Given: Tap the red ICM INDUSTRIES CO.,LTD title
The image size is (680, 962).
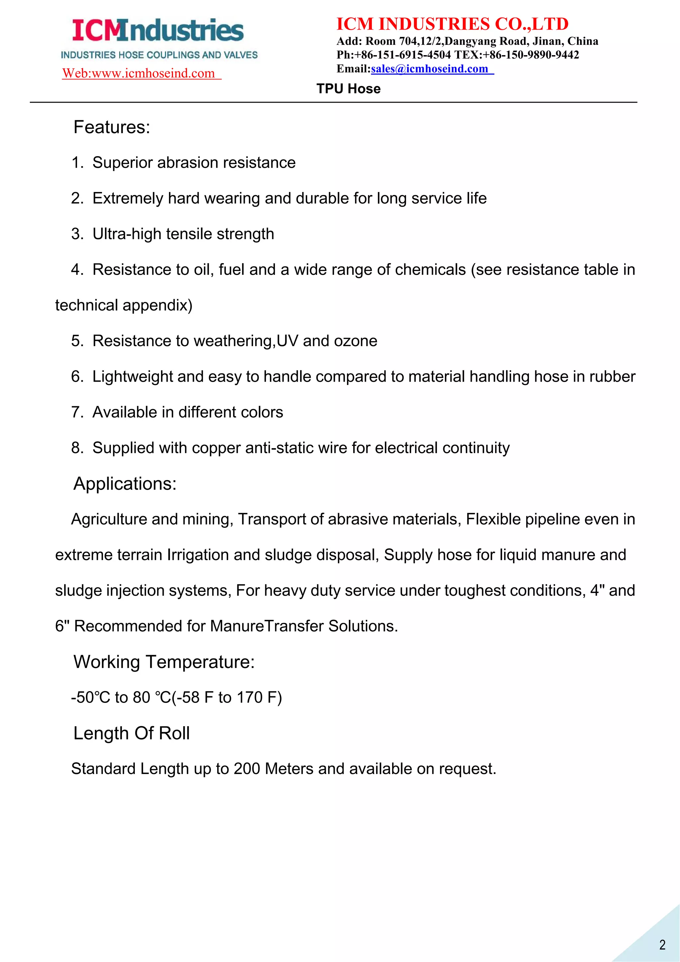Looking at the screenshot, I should pos(452,24).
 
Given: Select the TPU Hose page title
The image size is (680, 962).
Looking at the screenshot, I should pos(348,89).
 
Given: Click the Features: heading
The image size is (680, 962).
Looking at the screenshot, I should pos(111,127).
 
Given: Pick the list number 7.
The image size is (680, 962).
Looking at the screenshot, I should pos(77,412).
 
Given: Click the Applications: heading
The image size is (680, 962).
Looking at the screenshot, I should pos(125,484).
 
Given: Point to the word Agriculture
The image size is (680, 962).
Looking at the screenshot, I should pos(109,520).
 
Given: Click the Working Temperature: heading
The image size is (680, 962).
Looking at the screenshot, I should pos(164,662).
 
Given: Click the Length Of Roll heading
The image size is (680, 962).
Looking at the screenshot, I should pos(131,733).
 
